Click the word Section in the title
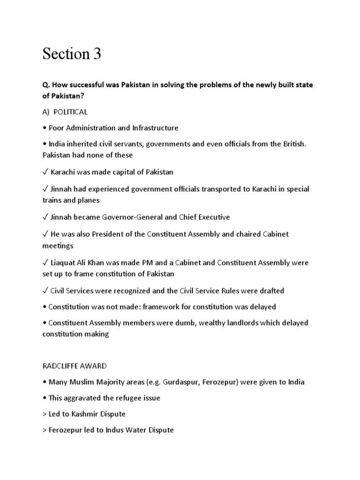tap(66, 54)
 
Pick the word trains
tap(52, 200)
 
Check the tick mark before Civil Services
tap(45, 291)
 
